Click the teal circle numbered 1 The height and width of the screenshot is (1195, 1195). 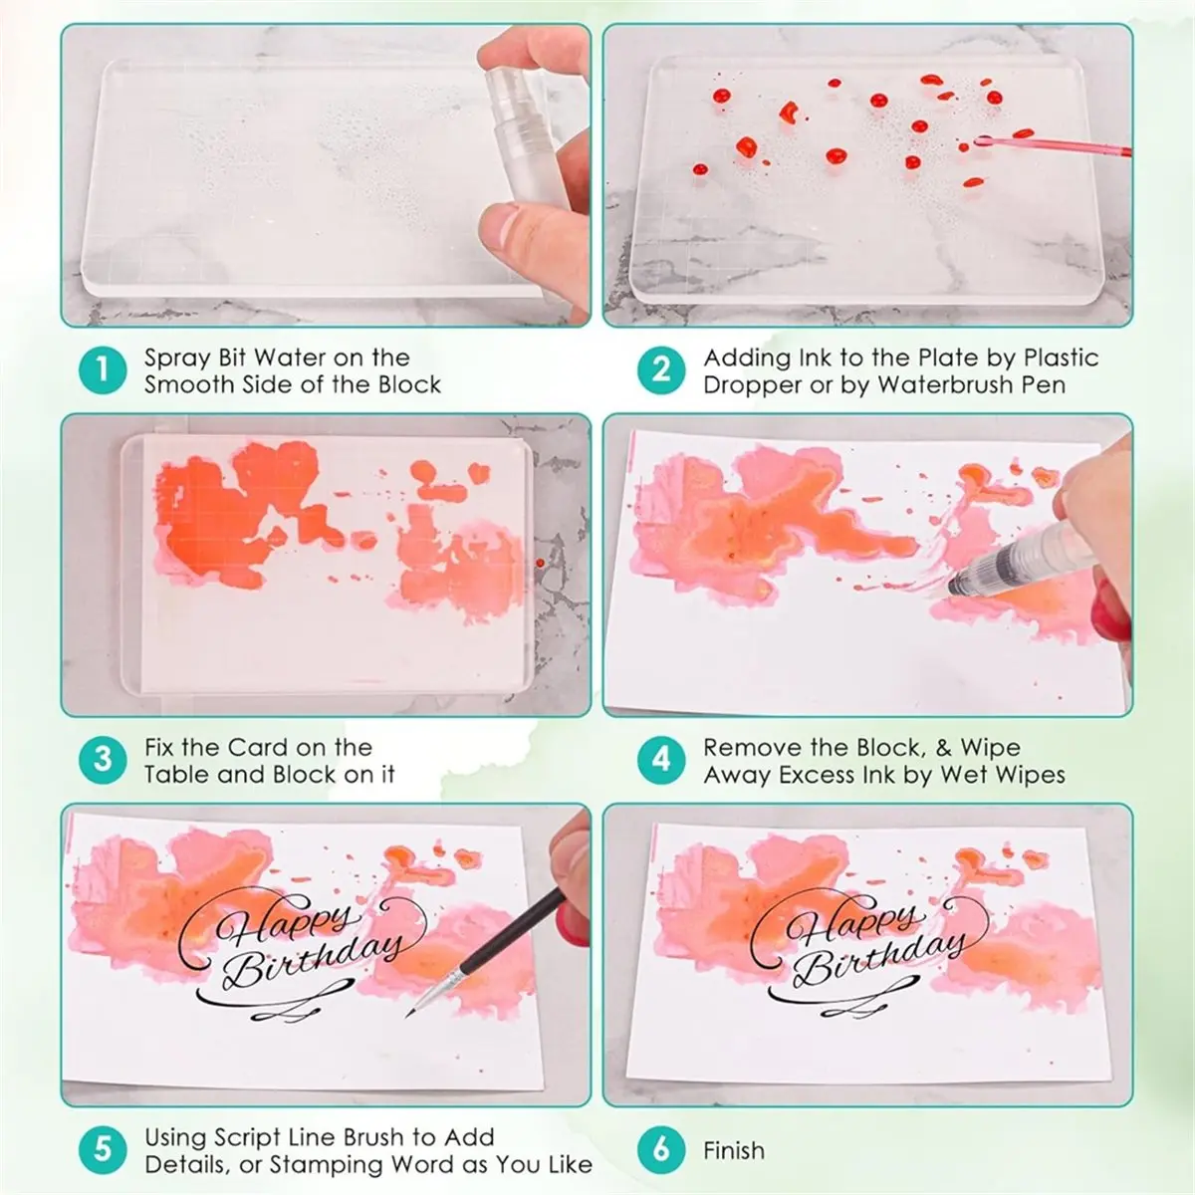click(103, 370)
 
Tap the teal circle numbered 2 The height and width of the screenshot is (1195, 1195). click(661, 370)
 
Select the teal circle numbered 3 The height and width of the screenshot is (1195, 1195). click(103, 760)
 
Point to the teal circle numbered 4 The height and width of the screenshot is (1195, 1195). click(661, 760)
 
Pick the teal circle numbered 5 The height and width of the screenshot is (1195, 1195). click(103, 1150)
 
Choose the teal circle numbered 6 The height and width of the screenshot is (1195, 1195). click(661, 1150)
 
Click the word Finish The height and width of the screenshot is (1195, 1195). click(734, 1151)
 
